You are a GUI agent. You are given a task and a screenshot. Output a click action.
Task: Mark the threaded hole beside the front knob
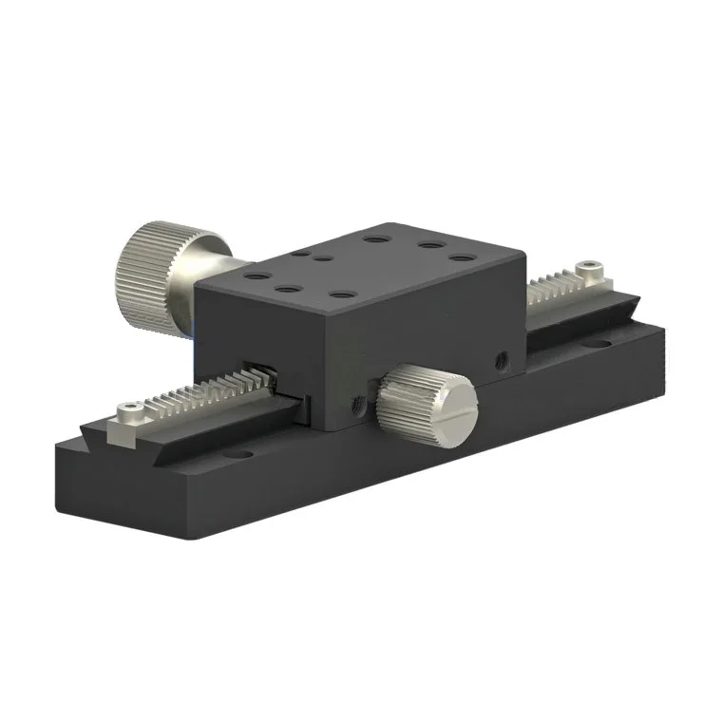(x=359, y=405)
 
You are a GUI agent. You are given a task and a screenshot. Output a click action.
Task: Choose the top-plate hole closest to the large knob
(x=254, y=275)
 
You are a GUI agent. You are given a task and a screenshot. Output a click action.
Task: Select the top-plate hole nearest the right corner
(x=461, y=257)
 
